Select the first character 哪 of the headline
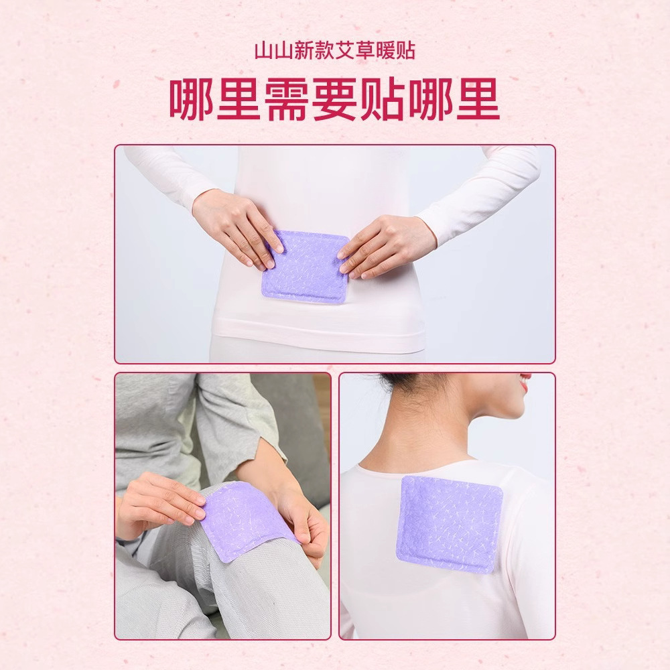(x=190, y=100)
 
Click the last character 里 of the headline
(x=478, y=100)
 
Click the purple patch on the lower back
(x=304, y=266)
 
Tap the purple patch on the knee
(x=247, y=521)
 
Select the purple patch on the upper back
(x=449, y=524)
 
